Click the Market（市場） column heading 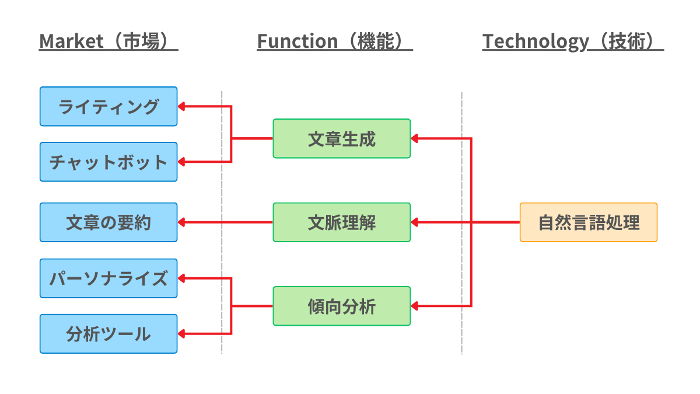(x=108, y=41)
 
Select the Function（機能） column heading (x=335, y=41)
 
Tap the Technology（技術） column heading (x=573, y=41)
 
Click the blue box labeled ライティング (x=108, y=106)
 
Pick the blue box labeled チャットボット (x=108, y=162)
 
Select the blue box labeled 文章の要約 (x=108, y=222)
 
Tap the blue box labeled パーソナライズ (x=108, y=278)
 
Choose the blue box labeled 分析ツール (x=108, y=334)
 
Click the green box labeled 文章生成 (x=341, y=138)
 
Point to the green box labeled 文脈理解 (x=341, y=222)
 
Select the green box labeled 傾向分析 (x=341, y=306)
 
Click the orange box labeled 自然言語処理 (x=589, y=222)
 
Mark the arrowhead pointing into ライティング (x=181, y=106)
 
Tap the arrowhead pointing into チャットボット (x=181, y=162)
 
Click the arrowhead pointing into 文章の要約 (x=181, y=222)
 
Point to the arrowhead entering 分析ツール (x=181, y=334)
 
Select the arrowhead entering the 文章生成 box (x=415, y=138)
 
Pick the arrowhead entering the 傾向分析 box (x=415, y=306)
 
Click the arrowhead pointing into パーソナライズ (x=181, y=278)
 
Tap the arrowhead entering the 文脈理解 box (x=415, y=222)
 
